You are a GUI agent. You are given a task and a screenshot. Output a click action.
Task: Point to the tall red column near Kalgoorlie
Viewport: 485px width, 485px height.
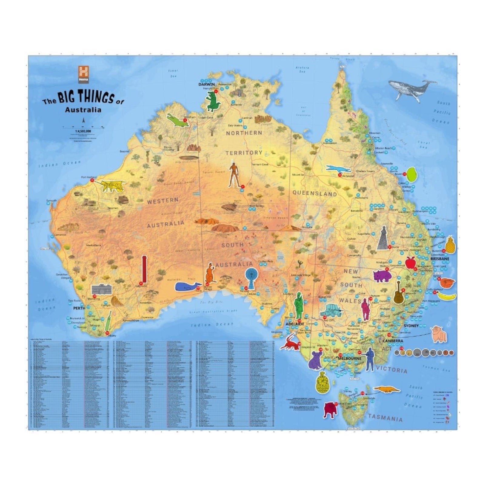[144, 269]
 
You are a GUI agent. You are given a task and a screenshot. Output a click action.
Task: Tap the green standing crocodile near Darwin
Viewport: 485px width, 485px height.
[213, 102]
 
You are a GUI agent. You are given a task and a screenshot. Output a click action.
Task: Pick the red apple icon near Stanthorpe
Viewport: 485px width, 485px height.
[410, 263]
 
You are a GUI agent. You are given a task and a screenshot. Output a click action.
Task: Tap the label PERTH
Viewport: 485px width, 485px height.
[79, 308]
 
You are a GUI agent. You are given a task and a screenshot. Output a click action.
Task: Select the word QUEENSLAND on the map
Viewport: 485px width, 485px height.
[314, 193]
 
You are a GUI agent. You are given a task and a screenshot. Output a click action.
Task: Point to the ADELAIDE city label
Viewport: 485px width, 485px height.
[294, 324]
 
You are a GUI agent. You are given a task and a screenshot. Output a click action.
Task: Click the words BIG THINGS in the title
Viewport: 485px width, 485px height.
[86, 97]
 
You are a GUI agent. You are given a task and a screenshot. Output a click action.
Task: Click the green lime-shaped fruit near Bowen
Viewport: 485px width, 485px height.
[411, 174]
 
